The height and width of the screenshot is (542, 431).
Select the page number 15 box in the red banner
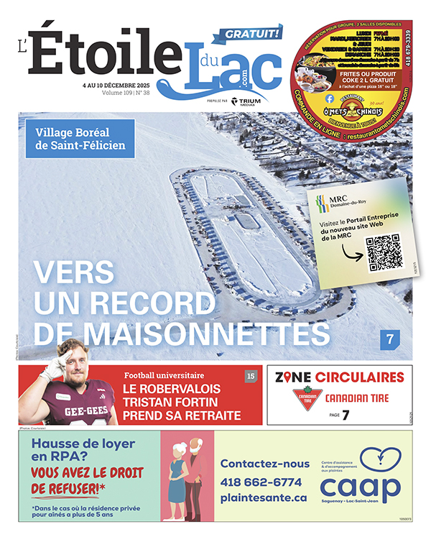coord(251,376)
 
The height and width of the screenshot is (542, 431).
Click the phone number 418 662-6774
coord(261,482)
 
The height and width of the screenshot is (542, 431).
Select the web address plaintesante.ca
coord(264,497)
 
